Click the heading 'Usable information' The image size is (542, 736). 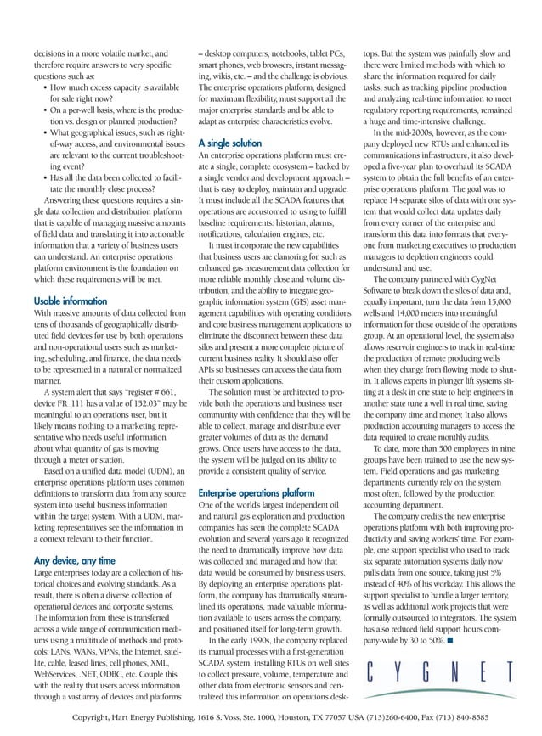69,301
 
